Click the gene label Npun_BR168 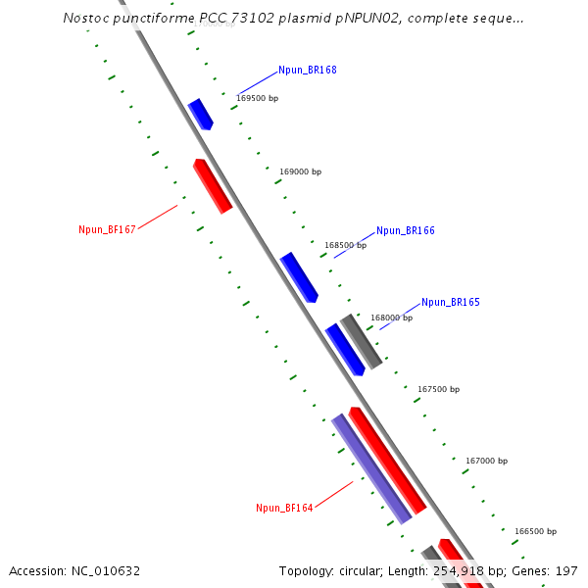coord(307,70)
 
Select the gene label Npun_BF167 coord(107,229)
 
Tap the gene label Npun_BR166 coord(405,230)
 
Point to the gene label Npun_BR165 coord(450,302)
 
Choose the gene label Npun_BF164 coord(284,508)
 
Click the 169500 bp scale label coord(258,98)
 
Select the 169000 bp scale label coord(300,171)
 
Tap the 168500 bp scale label coord(345,245)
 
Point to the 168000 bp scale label coord(391,318)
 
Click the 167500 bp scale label coord(438,389)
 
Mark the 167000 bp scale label coord(486,461)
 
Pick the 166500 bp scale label coord(535,531)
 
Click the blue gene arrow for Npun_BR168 coord(200,114)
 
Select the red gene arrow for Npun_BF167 coord(213,185)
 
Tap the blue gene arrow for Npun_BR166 coord(299,277)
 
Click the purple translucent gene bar coord(370,468)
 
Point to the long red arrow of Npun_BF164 coord(387,460)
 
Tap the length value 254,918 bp coord(475,570)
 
